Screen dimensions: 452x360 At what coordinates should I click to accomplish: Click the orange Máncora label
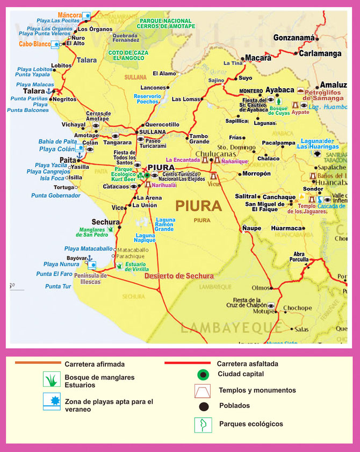[69, 15]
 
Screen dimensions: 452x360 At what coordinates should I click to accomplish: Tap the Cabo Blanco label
[34, 45]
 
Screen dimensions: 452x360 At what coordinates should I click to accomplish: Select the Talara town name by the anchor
[34, 91]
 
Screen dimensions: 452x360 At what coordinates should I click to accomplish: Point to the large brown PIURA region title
[198, 206]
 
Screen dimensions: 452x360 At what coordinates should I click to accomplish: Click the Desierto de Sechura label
[179, 276]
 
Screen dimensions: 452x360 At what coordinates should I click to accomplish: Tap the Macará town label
[258, 58]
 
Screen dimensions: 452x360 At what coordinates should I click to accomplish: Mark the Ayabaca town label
[280, 90]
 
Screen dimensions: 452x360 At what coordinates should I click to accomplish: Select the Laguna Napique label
[145, 238]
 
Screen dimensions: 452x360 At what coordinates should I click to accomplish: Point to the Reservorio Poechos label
[147, 98]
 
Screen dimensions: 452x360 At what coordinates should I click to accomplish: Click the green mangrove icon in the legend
[51, 380]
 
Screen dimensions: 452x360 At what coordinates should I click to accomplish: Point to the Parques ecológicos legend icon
[202, 425]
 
